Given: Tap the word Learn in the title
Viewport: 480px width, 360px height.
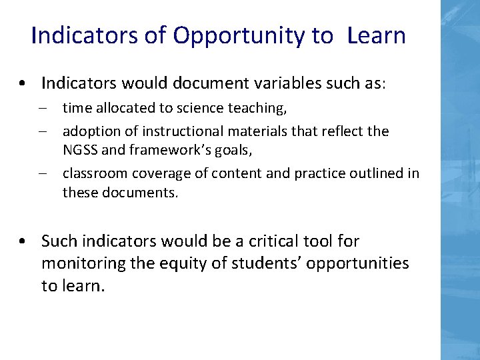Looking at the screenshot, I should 376,35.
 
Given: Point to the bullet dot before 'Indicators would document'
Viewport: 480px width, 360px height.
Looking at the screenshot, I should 23,84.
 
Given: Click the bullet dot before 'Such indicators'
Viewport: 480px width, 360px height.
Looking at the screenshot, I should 23,241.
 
